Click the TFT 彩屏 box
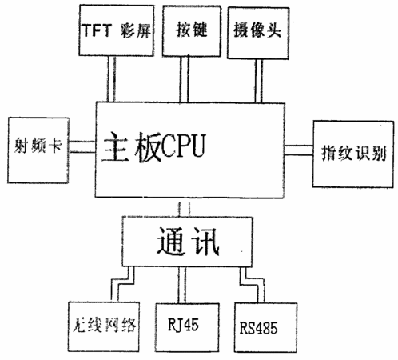(x=117, y=30)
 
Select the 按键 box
(x=192, y=31)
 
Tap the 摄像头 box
(x=258, y=33)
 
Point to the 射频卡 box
(x=38, y=150)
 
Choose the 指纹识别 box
(x=353, y=154)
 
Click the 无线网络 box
(x=104, y=326)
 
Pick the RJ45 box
(x=187, y=327)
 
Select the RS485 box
(x=265, y=327)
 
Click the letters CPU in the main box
(x=184, y=146)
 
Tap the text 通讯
(x=188, y=242)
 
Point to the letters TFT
(x=97, y=30)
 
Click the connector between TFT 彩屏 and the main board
(x=111, y=79)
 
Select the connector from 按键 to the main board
(x=184, y=79)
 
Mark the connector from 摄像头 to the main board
(x=258, y=81)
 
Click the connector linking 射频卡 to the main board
(x=82, y=147)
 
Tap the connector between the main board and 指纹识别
(x=299, y=150)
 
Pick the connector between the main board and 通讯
(x=184, y=210)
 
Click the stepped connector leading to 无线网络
(x=122, y=283)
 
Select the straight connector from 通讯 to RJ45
(x=182, y=285)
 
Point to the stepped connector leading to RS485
(x=252, y=283)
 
